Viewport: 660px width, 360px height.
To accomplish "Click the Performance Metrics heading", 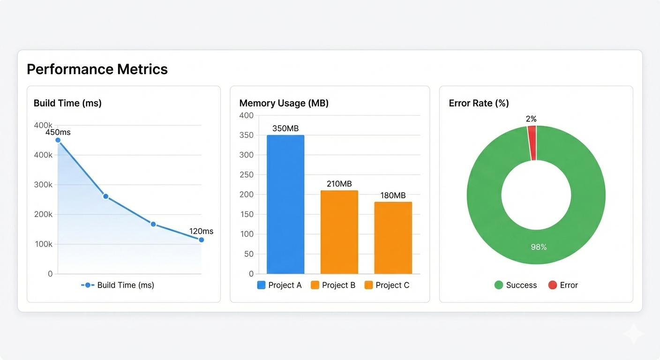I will (97, 69).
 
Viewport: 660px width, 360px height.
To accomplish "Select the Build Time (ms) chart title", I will (67, 103).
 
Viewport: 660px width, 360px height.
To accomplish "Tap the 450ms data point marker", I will (58, 140).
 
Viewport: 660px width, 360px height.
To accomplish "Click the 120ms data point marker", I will (201, 240).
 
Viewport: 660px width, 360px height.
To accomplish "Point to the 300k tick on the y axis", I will (43, 185).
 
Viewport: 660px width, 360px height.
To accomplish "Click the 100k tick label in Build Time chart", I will (43, 244).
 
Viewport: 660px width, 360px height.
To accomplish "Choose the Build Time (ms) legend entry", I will (118, 285).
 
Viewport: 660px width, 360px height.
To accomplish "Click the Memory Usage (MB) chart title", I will (284, 103).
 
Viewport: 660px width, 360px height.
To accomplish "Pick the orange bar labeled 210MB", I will (339, 232).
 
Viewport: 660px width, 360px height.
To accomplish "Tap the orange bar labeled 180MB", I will (393, 238).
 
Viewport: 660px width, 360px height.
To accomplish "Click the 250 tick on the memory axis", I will (246, 175).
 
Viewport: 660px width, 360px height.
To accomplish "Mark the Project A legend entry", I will (279, 285).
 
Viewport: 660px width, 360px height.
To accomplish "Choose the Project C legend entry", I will (387, 285).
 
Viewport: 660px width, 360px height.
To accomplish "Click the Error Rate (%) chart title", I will (479, 103).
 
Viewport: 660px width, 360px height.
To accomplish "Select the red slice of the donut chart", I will (532, 143).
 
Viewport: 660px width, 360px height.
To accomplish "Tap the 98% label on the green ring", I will (538, 247).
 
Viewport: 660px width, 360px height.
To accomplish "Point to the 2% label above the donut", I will (531, 119).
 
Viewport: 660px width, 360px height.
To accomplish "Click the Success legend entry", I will (516, 285).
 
